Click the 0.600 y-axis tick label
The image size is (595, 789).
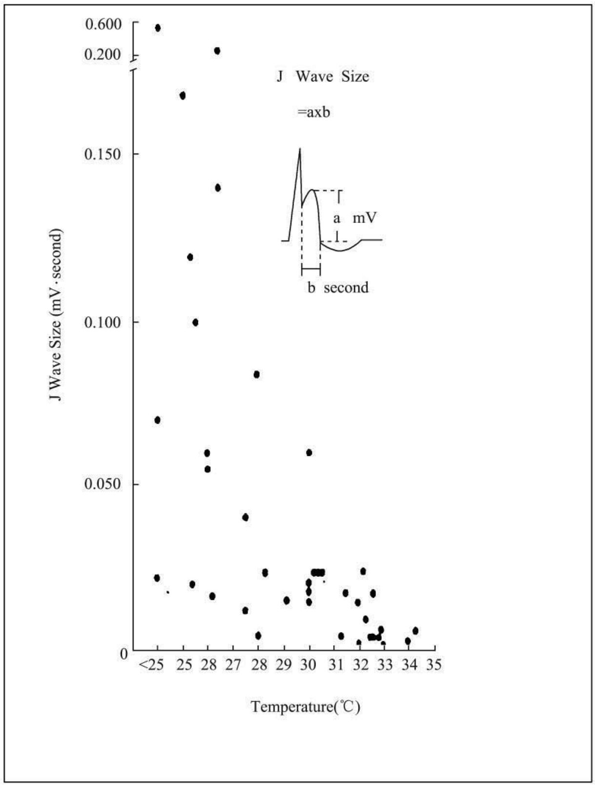click(103, 24)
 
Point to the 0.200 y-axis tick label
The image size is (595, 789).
click(103, 55)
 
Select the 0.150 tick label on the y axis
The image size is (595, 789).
click(103, 155)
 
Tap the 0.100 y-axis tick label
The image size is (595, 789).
click(103, 323)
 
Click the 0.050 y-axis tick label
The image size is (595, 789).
click(103, 485)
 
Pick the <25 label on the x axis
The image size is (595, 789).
click(152, 665)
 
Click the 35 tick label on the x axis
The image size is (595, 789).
click(434, 665)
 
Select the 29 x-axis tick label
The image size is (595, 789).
click(283, 665)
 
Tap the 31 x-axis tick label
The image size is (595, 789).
click(335, 665)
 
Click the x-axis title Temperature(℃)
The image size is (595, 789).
click(305, 707)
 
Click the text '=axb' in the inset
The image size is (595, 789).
click(314, 113)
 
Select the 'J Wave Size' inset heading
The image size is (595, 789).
click(323, 77)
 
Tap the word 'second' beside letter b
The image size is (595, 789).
click(346, 288)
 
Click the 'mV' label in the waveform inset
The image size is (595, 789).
click(365, 218)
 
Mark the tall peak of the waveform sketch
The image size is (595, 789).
click(299, 149)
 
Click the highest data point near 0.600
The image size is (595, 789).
click(158, 28)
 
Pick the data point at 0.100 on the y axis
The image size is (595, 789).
click(195, 322)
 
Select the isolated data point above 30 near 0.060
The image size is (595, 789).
click(309, 453)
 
